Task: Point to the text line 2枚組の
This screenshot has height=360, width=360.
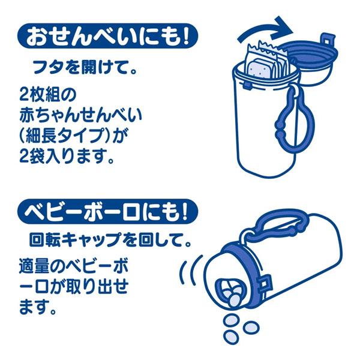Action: pos(46,95)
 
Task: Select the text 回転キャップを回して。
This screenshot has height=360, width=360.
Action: pos(110,244)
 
